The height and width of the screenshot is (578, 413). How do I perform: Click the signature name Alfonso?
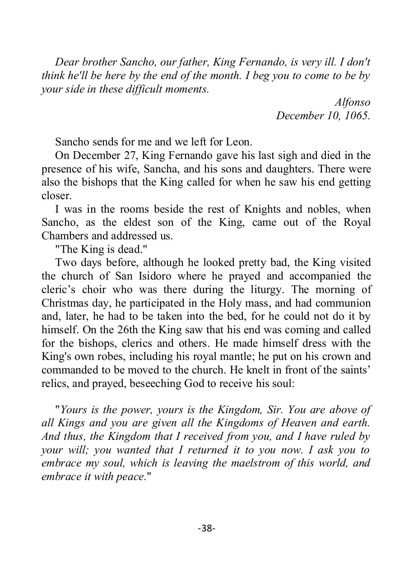pos(352,102)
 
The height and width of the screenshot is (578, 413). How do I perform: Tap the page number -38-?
pos(206,528)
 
